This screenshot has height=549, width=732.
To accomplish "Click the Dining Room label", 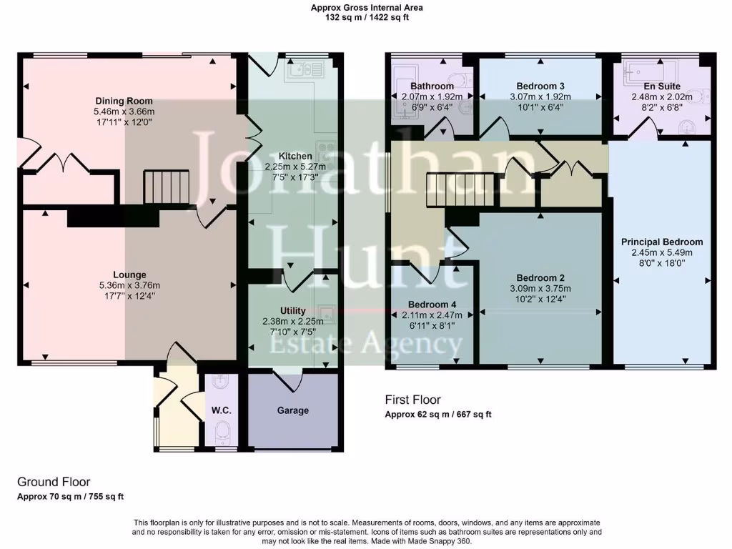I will click(124, 101).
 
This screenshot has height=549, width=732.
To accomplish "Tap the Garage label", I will click(293, 410).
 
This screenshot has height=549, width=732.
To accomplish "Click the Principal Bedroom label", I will click(662, 242).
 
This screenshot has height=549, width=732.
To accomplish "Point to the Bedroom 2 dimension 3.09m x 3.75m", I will click(541, 289).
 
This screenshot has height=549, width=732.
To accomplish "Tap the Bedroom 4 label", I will click(432, 303).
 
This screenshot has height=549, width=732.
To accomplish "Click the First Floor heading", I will click(412, 400).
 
